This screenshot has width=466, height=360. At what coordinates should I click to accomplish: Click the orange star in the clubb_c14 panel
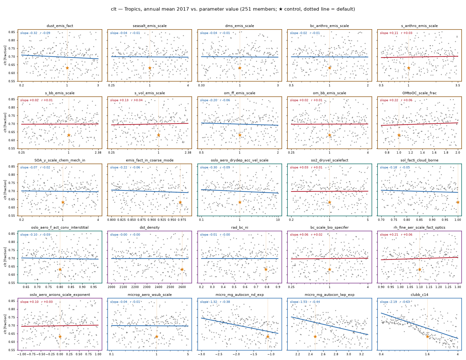[427, 337]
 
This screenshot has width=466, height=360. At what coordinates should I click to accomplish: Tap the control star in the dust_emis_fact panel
[67, 68]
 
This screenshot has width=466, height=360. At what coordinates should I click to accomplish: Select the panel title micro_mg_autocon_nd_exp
[239, 295]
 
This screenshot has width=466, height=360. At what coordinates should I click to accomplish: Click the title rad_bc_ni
[239, 227]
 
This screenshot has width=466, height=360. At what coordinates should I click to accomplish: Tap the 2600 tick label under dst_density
[182, 287]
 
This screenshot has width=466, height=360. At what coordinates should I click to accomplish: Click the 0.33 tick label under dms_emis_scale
[201, 85]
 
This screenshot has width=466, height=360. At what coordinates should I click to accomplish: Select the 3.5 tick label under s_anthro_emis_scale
[458, 85]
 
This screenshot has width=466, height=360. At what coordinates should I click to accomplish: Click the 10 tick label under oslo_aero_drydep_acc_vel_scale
[278, 220]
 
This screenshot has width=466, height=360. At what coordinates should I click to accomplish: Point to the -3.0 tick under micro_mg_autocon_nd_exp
[201, 354]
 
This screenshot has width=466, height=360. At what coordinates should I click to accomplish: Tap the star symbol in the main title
[281, 9]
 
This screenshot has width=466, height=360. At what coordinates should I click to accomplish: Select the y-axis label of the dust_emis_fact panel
[5, 55]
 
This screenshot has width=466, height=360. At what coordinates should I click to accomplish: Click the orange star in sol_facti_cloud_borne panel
[458, 202]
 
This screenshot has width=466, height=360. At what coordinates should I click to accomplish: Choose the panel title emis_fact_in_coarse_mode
[150, 160]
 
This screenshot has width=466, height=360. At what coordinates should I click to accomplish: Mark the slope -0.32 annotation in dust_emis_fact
[29, 33]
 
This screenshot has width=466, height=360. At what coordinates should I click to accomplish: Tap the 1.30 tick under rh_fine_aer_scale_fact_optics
[458, 287]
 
